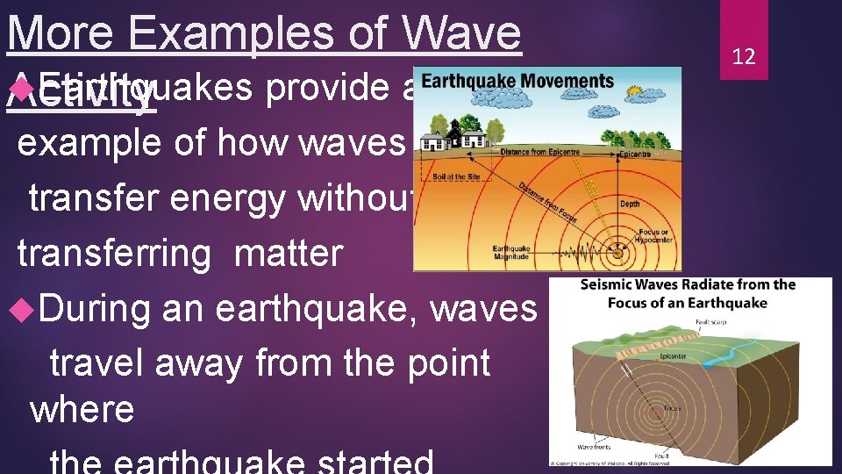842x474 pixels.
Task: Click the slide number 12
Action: [x=743, y=57]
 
